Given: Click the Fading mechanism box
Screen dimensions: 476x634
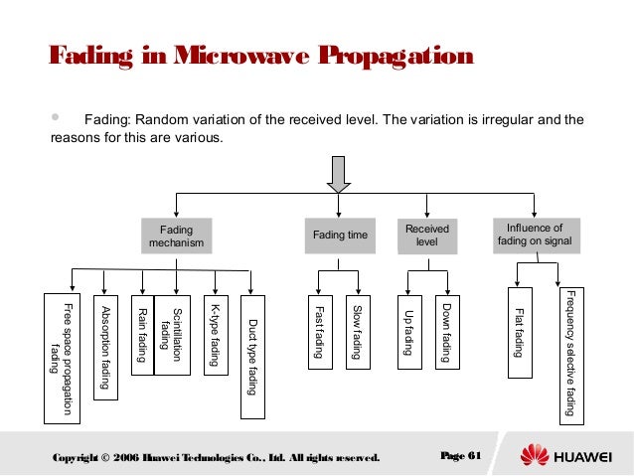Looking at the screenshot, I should point(177,235).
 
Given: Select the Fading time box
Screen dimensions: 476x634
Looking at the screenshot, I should point(340,236).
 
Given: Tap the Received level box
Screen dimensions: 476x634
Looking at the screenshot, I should point(426,236).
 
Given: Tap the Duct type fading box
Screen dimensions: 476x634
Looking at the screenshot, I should point(253,345).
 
